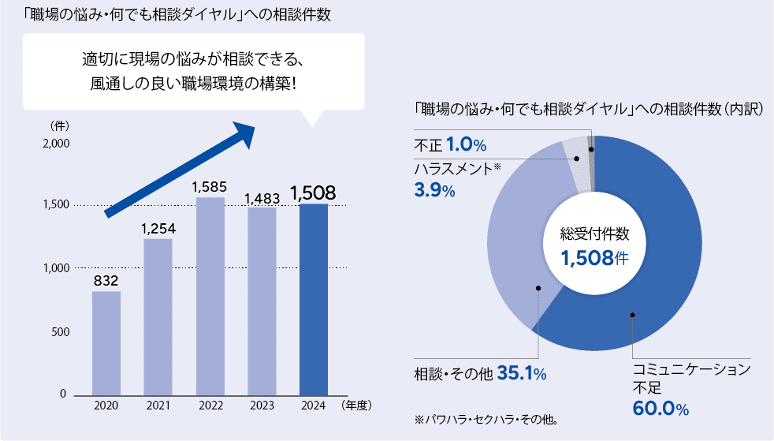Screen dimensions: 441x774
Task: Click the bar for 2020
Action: (x=106, y=342)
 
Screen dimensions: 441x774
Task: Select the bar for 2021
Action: (x=158, y=316)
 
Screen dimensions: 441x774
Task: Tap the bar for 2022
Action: (x=210, y=295)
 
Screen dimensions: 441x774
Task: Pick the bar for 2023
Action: (x=262, y=301)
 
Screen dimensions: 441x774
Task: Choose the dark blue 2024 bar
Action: (x=314, y=299)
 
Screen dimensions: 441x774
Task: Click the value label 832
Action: (x=106, y=281)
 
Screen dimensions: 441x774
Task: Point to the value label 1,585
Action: (x=210, y=187)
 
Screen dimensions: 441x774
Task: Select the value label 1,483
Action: (x=262, y=197)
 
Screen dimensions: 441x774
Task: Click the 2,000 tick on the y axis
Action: (x=56, y=144)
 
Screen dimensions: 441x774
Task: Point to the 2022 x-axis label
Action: (x=210, y=405)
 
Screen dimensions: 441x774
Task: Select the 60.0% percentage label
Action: (x=661, y=409)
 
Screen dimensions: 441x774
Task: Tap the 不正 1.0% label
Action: (x=450, y=145)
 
